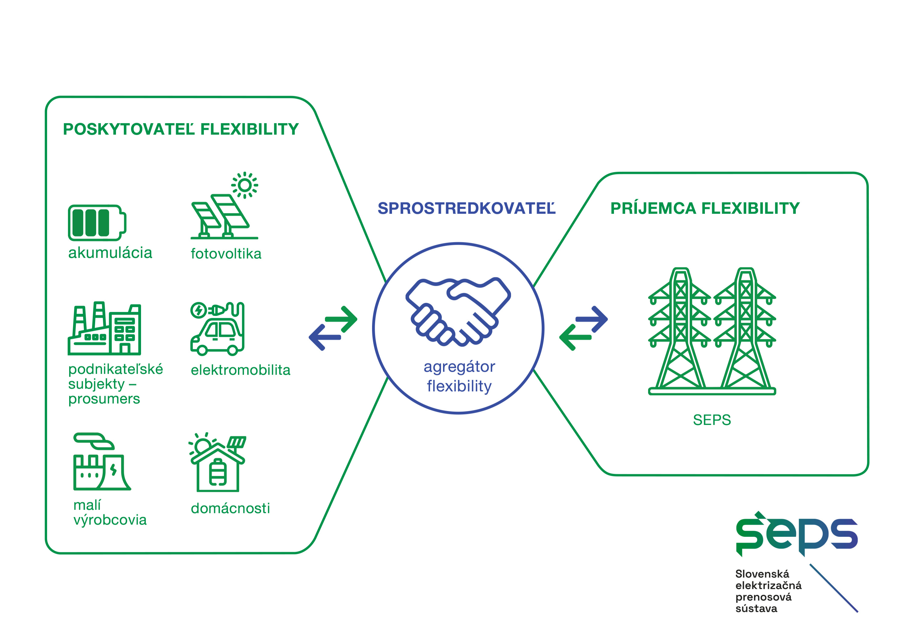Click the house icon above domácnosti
pos(217,462)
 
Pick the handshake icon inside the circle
pos(458,311)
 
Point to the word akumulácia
pos(110,253)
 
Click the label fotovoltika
pos(226,253)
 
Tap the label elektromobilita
pos(240,370)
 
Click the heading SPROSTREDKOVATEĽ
pos(466,208)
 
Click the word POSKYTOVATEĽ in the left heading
pos(129,129)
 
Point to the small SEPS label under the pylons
pos(712,420)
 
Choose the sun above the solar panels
pos(245,185)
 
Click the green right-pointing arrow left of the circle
pos(341,319)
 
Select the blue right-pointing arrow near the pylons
pos(592,319)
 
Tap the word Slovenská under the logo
pos(762,574)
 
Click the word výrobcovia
pos(110,520)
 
